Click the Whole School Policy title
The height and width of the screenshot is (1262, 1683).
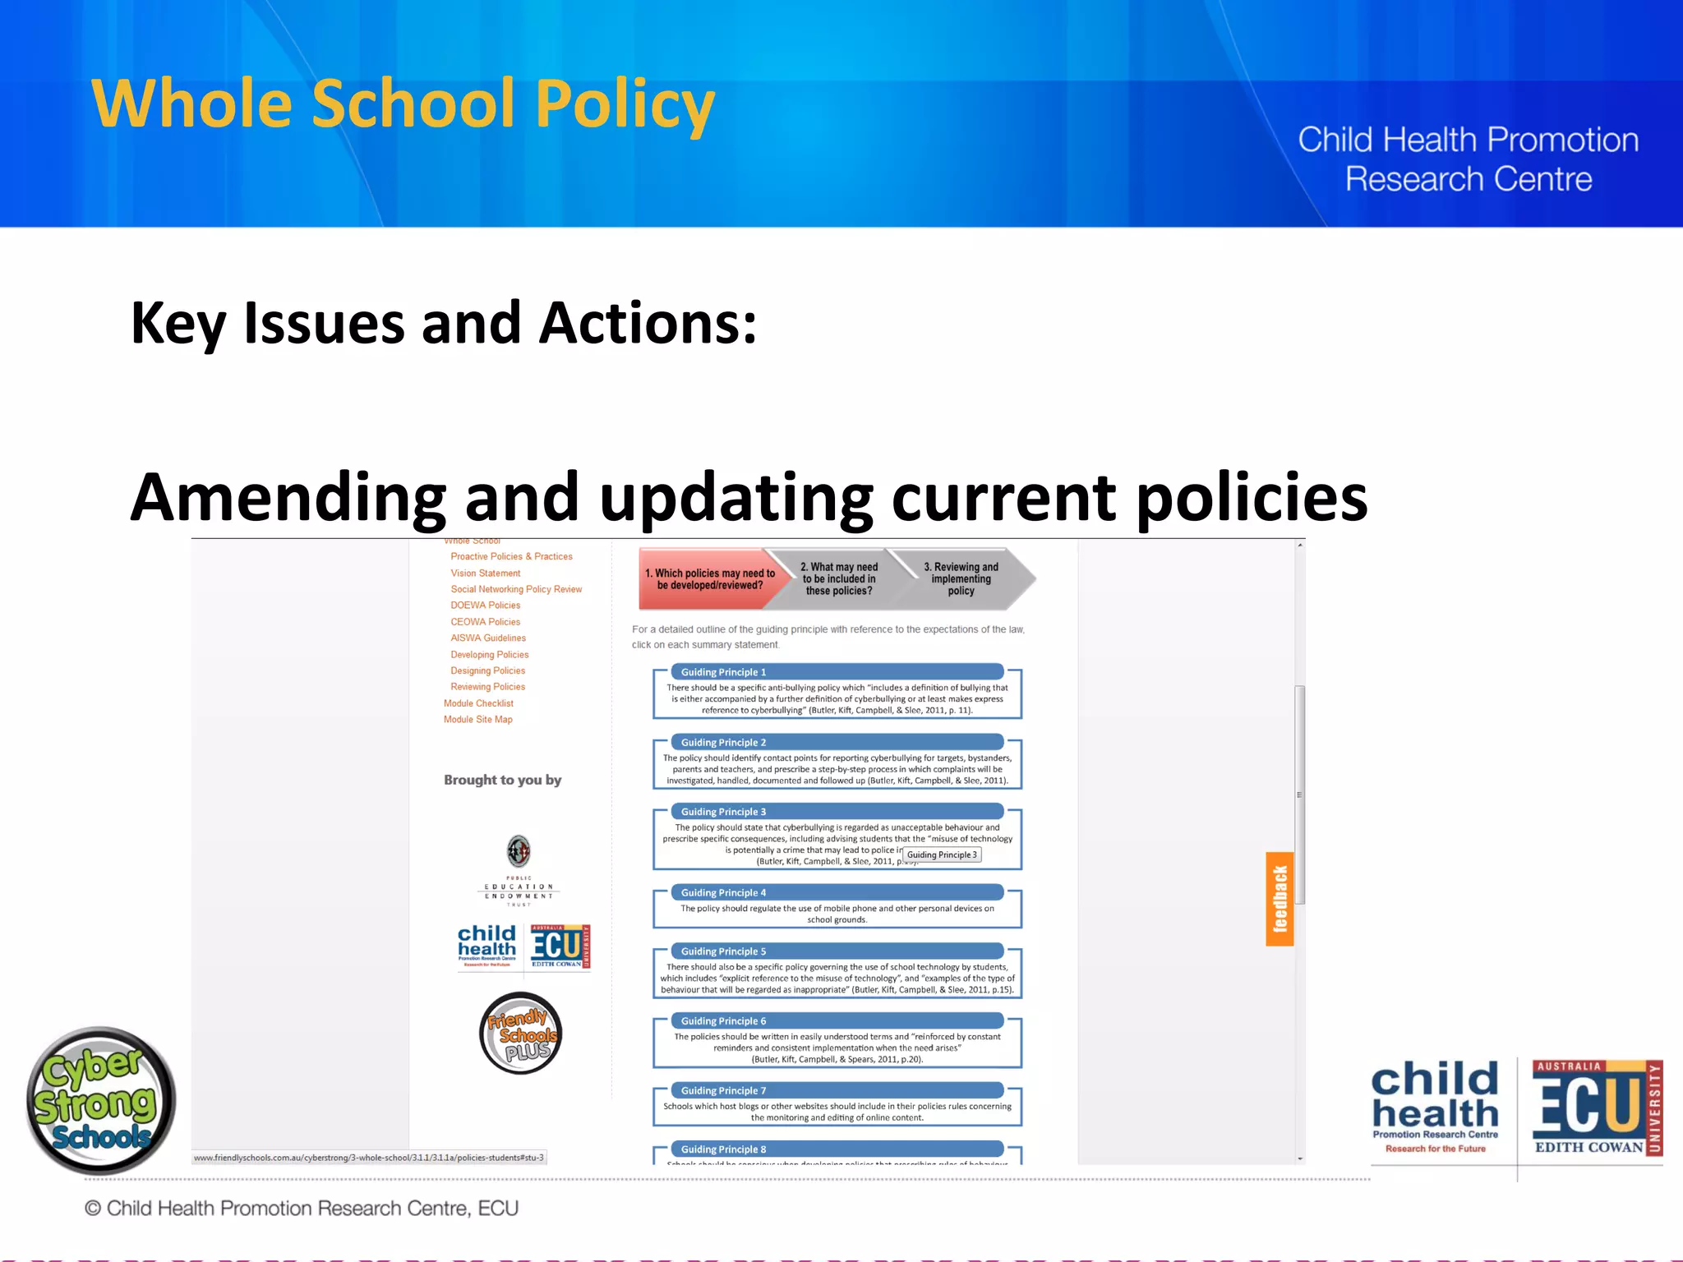403,104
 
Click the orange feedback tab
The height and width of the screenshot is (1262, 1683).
1279,899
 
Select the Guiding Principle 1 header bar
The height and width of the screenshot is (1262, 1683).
837,672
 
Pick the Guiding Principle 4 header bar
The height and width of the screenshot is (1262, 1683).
837,892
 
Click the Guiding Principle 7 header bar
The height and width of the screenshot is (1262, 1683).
837,1090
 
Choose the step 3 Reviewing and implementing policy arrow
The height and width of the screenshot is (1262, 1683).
961,578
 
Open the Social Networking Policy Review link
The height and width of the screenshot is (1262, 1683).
515,589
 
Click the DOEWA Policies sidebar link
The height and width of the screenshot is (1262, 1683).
485,606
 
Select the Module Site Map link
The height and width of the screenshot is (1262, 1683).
477,720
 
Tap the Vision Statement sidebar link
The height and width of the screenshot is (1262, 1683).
485,573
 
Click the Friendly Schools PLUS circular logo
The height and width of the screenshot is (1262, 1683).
520,1034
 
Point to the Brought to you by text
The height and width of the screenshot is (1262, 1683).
502,780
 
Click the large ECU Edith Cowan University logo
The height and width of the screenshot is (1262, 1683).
1596,1109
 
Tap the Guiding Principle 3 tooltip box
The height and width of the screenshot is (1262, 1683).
942,854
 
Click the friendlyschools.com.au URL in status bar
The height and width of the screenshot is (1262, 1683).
368,1158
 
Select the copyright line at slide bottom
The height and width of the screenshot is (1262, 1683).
301,1208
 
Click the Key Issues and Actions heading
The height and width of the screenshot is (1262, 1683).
444,323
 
